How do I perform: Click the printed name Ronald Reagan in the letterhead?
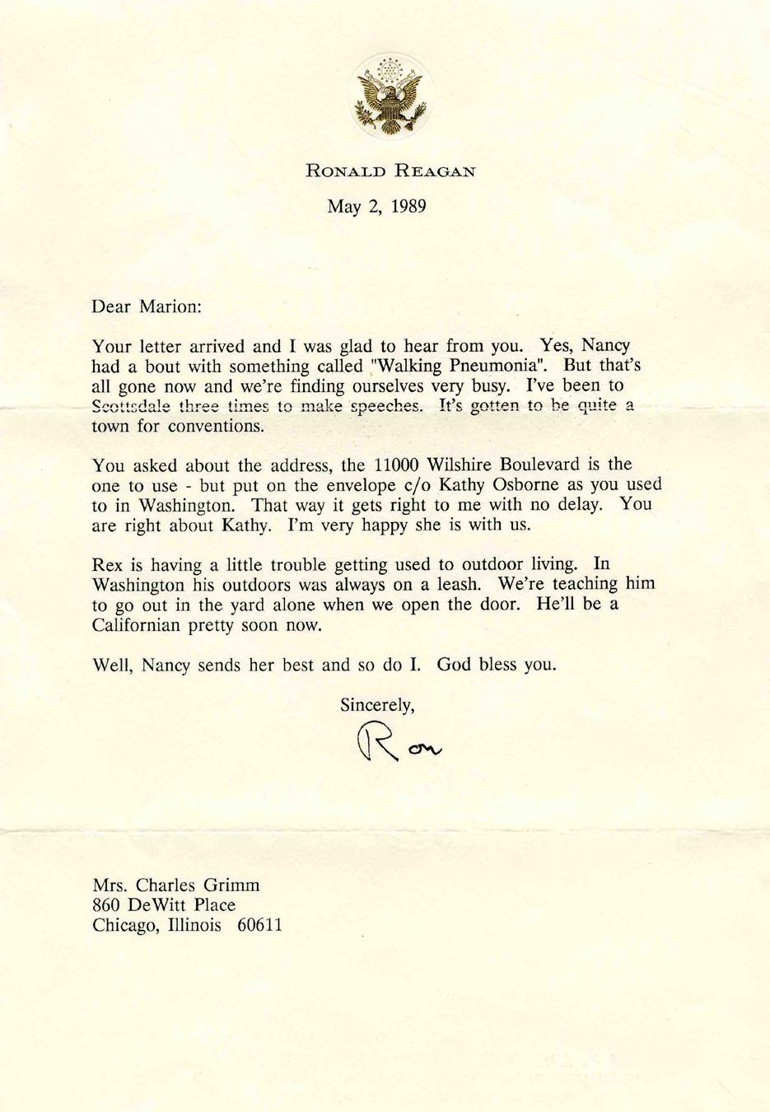tap(390, 171)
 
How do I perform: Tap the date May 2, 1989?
tap(376, 206)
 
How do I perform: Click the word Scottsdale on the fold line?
tap(132, 406)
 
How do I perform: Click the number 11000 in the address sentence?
tap(399, 465)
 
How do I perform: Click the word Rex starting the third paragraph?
tap(106, 564)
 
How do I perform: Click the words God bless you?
tap(497, 664)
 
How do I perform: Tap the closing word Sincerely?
tap(376, 704)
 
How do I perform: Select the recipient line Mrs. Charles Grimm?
tap(175, 885)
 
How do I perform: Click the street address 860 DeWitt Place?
tap(164, 905)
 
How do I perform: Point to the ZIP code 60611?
tap(259, 925)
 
